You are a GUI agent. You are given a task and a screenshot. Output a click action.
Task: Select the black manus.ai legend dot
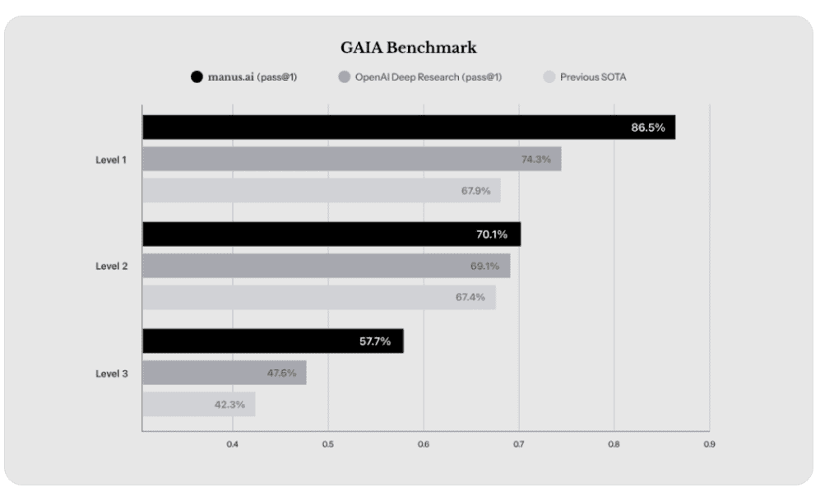(196, 77)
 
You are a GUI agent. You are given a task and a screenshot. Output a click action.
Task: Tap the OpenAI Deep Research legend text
(429, 77)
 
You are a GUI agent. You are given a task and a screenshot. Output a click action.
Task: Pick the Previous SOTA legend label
(593, 77)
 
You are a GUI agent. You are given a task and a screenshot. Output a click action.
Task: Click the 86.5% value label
(647, 127)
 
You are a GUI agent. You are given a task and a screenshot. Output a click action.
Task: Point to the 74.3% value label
(535, 159)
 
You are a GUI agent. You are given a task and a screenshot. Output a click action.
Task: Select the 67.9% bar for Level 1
(321, 191)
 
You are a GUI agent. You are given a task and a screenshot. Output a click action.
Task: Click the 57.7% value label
(375, 341)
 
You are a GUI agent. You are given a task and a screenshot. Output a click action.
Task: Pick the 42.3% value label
(230, 405)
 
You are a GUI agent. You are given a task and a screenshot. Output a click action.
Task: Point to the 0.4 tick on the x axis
(232, 445)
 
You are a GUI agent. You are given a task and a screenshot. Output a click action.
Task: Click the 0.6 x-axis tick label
(423, 445)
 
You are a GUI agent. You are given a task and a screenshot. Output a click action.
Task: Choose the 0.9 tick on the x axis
(709, 445)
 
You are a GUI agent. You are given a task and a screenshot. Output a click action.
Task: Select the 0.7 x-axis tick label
(518, 445)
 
